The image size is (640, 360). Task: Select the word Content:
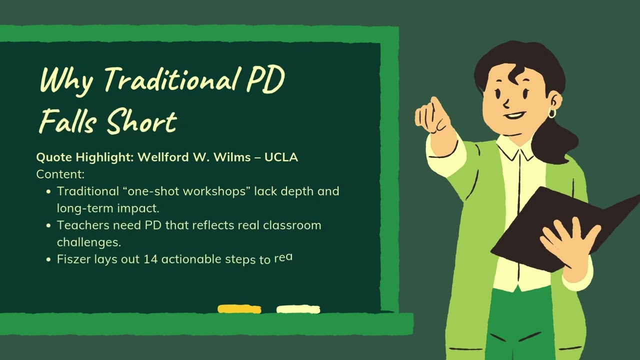pyautogui.click(x=60, y=174)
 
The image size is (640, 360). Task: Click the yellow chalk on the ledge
pyautogui.click(x=239, y=309)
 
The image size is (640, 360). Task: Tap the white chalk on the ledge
pyautogui.click(x=298, y=309)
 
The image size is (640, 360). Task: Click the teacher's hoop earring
pyautogui.click(x=551, y=113)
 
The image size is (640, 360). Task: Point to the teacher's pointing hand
pyautogui.click(x=433, y=119)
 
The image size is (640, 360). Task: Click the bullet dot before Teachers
pyautogui.click(x=48, y=225)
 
